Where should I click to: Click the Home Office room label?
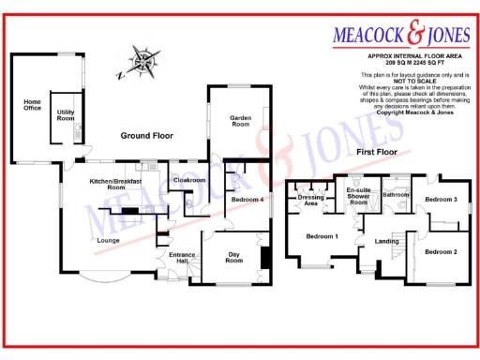click(x=32, y=106)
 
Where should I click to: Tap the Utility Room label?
click(x=66, y=116)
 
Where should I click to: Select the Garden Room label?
click(x=241, y=123)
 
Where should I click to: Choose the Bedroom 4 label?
click(x=247, y=201)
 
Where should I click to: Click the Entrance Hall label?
click(x=181, y=258)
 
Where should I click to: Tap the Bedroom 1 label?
click(x=322, y=235)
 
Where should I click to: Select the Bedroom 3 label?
click(x=441, y=200)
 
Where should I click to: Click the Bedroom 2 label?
click(x=441, y=251)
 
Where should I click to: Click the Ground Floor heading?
click(x=147, y=136)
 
